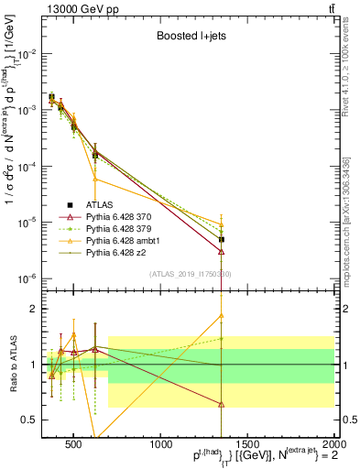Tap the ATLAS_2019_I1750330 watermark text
(190, 274)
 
